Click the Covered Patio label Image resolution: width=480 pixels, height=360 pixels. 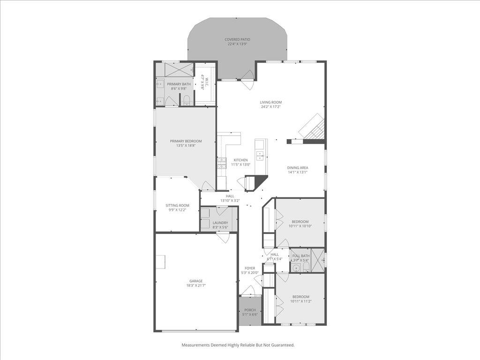click(x=237, y=39)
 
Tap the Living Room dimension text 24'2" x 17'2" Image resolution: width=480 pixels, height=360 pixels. click(x=271, y=107)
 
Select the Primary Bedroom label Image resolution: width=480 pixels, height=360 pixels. click(x=186, y=141)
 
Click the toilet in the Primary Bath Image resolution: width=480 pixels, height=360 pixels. click(x=186, y=100)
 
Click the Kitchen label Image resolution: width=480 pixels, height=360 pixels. click(x=240, y=160)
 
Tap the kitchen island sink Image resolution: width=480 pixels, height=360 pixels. click(x=260, y=155)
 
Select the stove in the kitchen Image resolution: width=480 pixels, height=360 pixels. click(x=222, y=163)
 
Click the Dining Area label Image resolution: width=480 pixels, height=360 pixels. click(x=298, y=167)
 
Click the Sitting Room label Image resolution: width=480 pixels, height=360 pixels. click(x=177, y=205)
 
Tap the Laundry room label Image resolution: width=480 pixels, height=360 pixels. click(x=220, y=223)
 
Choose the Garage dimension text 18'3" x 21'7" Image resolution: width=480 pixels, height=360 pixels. click(x=196, y=285)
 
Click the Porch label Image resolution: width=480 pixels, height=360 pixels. click(x=250, y=310)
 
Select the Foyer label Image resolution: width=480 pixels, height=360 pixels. click(x=249, y=268)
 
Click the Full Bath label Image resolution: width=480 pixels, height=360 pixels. click(x=300, y=255)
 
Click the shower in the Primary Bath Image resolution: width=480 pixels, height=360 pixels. click(x=178, y=69)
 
